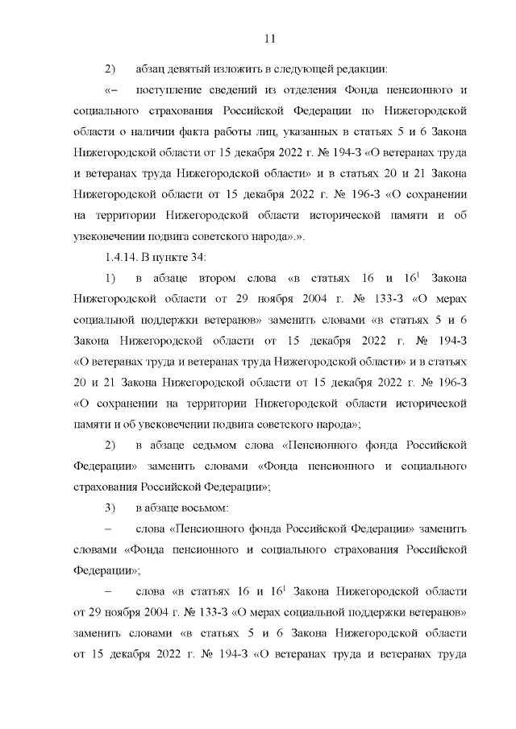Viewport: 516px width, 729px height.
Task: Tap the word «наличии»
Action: [x=142, y=130]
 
